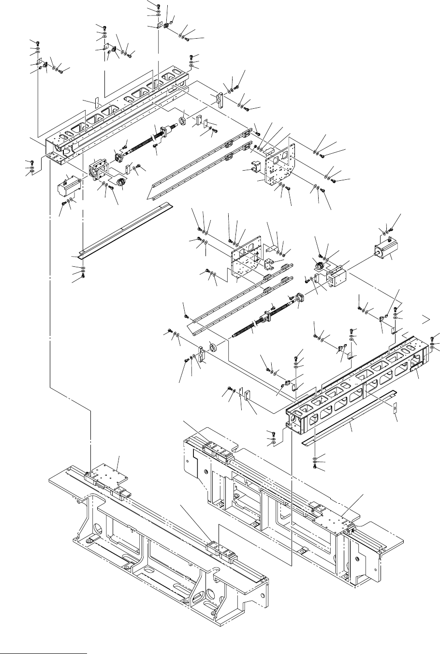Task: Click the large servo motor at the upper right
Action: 386,252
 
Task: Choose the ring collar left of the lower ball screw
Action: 211,348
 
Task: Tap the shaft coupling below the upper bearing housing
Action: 118,184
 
